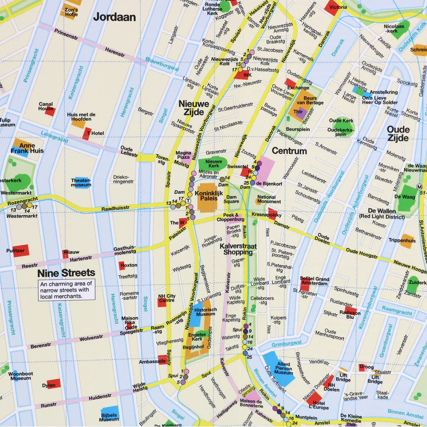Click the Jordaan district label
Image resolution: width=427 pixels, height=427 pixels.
coord(115,17)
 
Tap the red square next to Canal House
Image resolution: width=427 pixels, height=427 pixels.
coord(50,111)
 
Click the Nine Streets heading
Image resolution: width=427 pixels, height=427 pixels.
coord(66,273)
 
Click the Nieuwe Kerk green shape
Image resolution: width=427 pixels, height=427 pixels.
coord(213,163)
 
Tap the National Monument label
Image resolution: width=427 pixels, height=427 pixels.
coord(269,199)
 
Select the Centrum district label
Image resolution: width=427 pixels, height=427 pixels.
coord(289,151)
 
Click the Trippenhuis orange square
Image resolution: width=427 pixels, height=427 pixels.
coord(407,241)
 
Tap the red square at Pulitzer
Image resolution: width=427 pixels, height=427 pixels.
coord(21,250)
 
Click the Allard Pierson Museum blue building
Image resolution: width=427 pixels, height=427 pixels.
coord(279,368)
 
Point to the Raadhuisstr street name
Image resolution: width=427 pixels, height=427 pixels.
coord(116,208)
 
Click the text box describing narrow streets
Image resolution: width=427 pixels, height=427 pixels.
coord(67,290)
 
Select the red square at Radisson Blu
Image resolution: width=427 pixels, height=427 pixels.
coord(351,311)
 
